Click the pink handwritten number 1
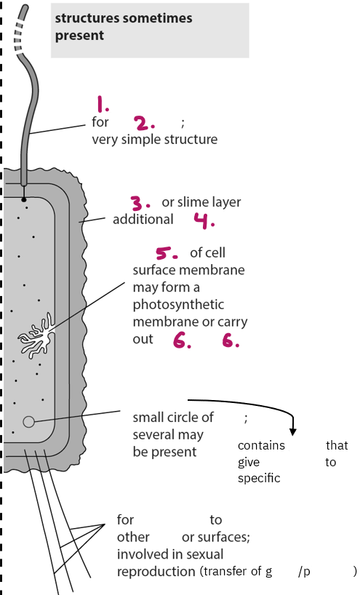click(103, 104)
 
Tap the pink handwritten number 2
click(144, 123)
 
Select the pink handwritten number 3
click(140, 203)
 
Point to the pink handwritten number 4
click(204, 220)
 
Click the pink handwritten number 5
click(167, 253)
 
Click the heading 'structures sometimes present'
click(124, 27)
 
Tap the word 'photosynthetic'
click(178, 304)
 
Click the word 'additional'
click(143, 219)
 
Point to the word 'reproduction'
click(156, 572)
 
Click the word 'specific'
click(259, 478)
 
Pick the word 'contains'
click(261, 445)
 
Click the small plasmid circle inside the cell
click(29, 422)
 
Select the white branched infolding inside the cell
click(37, 336)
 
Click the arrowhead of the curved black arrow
click(292, 431)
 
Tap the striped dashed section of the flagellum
click(19, 38)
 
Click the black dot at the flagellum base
click(24, 199)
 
